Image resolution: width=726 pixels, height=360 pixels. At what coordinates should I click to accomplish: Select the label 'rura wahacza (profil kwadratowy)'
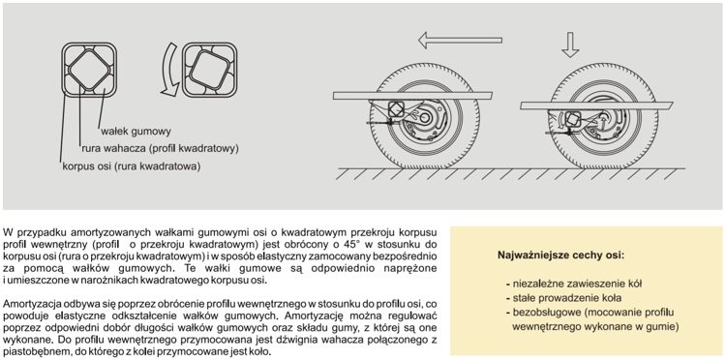[x=160, y=148]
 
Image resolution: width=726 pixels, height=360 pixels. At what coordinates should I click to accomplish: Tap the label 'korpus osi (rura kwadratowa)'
[x=131, y=166]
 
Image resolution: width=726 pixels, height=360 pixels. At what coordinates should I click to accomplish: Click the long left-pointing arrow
[x=460, y=40]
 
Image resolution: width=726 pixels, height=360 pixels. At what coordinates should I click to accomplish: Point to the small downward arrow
[x=570, y=45]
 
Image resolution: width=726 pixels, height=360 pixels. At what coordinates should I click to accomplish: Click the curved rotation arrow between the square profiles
[x=169, y=70]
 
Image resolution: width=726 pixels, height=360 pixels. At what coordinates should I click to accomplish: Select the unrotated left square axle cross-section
[x=89, y=70]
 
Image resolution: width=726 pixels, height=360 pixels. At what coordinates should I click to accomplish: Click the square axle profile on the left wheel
[x=395, y=109]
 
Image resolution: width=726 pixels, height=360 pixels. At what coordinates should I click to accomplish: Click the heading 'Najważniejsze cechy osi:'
[x=560, y=255]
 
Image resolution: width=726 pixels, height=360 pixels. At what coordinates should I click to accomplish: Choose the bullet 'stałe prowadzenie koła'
[x=563, y=297]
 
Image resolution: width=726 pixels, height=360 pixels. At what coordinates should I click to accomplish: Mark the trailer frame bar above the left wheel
[x=412, y=95]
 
